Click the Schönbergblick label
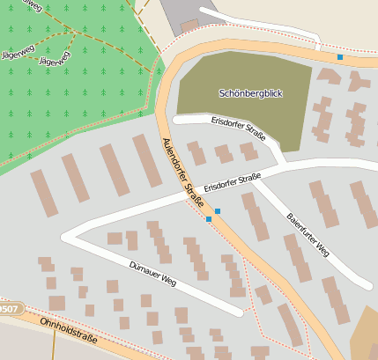point(250,92)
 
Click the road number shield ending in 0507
point(8,309)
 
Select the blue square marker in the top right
point(340,57)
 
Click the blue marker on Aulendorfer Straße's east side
point(218,211)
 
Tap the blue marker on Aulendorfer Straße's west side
point(209,219)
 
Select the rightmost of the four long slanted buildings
point(147,160)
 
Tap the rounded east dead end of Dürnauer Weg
point(239,312)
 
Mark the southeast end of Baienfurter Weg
point(367,285)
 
